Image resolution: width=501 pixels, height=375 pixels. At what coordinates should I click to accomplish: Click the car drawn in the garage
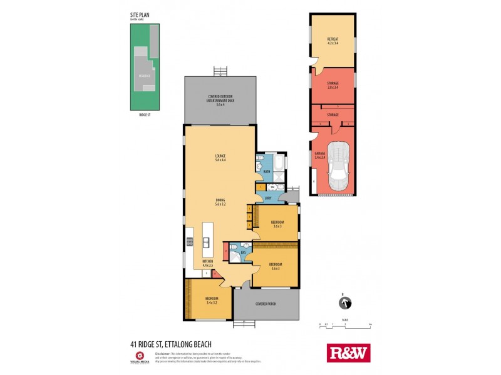coord(340,165)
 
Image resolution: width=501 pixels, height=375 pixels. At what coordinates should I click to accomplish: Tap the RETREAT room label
coord(333,41)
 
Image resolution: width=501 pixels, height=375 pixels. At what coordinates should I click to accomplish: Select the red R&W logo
coord(349,353)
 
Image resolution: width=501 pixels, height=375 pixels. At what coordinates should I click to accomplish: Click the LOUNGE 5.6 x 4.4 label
coord(220,157)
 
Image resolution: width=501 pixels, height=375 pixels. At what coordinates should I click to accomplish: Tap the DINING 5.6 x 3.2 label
coord(220,202)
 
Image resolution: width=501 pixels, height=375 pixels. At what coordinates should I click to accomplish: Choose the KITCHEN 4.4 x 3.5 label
coord(208,263)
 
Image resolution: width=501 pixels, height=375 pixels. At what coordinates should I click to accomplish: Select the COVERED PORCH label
coord(266,304)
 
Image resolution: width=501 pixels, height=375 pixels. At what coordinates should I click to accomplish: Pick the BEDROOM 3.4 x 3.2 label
coord(212,301)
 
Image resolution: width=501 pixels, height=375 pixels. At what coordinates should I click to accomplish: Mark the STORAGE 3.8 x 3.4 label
coord(333,86)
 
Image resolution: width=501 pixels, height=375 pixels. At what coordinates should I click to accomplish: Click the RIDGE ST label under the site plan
coord(145,115)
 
